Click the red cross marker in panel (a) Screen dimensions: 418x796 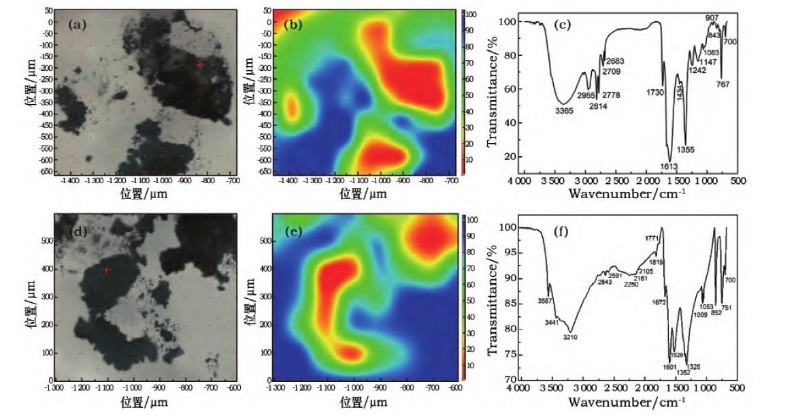click(x=200, y=65)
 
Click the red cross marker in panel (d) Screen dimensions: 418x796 click(x=107, y=270)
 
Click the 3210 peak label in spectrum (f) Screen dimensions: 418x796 click(x=570, y=337)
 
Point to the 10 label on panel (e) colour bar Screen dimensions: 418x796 click(x=471, y=365)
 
